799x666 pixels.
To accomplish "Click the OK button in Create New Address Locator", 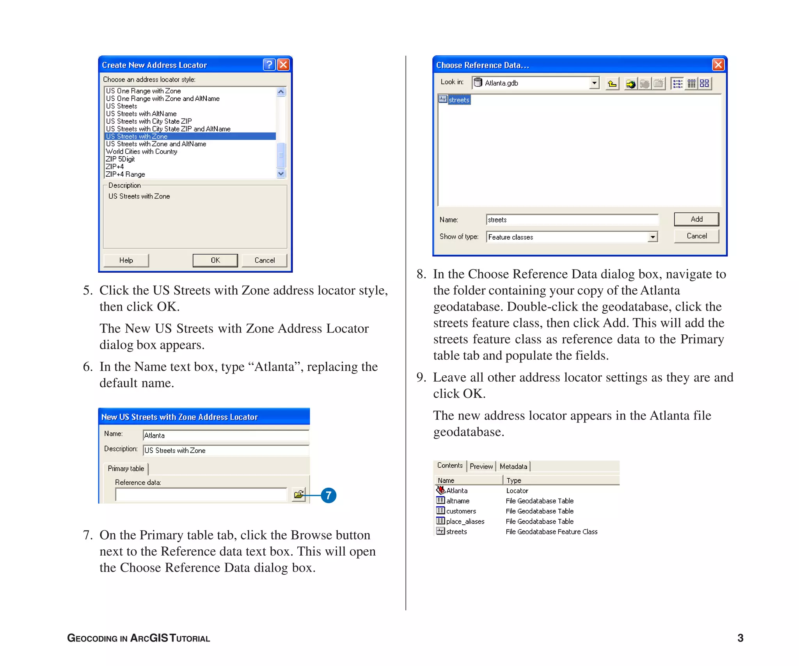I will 215,260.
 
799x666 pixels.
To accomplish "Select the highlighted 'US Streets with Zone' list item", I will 137,137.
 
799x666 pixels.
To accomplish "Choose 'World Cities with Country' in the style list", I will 142,151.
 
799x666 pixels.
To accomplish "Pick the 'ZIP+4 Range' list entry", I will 125,174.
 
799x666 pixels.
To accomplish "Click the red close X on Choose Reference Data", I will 718,65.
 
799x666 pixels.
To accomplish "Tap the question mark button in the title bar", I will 269,65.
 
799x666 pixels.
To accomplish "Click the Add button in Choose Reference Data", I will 696,219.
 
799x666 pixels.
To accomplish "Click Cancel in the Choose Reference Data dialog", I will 696,236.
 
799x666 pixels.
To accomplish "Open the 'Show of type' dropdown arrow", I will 652,237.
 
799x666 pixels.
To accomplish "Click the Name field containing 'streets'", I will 572,220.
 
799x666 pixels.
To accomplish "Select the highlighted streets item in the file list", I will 458,100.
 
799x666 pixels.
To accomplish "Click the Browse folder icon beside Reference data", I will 299,495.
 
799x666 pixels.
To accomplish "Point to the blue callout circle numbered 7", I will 328,496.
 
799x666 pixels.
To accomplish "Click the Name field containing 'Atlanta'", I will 225,435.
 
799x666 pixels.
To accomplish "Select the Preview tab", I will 481,466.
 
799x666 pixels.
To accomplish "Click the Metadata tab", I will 513,466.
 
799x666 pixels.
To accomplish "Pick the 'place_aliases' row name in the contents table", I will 465,522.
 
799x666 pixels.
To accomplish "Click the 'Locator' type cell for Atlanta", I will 517,491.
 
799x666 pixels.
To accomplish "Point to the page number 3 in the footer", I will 740,638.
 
